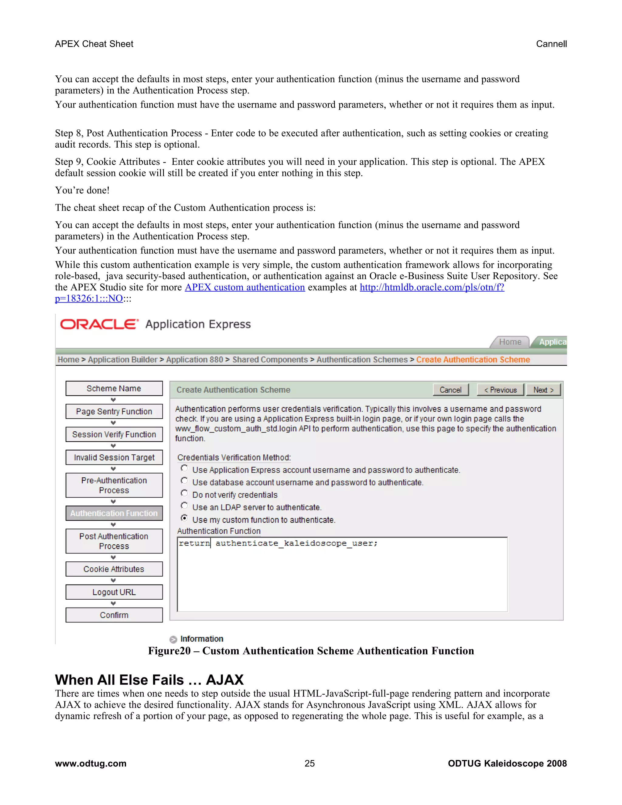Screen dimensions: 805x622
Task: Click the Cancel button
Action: point(450,390)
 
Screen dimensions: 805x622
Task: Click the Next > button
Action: point(543,390)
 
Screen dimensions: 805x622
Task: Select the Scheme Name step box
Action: point(114,389)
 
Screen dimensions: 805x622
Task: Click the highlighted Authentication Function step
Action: point(114,513)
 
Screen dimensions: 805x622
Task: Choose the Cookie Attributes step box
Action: point(114,569)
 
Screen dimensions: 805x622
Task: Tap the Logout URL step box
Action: point(114,592)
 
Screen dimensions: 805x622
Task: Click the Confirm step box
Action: point(114,615)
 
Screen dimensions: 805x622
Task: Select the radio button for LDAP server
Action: point(184,506)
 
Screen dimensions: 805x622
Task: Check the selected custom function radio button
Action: point(184,518)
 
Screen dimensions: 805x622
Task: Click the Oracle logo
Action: point(99,324)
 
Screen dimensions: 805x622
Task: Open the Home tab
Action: point(510,342)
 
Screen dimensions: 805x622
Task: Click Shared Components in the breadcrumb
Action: point(270,360)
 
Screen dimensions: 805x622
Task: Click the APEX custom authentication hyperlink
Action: point(245,287)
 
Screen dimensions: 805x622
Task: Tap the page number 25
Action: point(309,763)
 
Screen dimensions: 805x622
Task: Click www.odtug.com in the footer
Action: point(91,763)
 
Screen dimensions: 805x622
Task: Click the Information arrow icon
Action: point(173,639)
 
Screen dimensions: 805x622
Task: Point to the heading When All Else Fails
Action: point(149,680)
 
